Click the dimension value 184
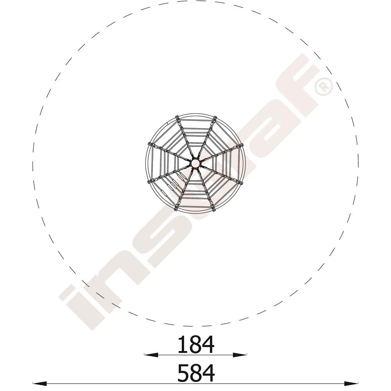(x=196, y=344)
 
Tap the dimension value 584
(x=196, y=373)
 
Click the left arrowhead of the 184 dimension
(x=151, y=355)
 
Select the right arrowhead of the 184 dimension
(x=240, y=355)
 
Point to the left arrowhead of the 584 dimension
(x=40, y=383)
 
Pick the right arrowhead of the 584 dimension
(x=351, y=383)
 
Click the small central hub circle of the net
(x=195, y=163)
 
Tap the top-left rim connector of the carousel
(x=177, y=118)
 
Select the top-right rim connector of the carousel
(x=214, y=118)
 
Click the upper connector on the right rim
(x=240, y=145)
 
